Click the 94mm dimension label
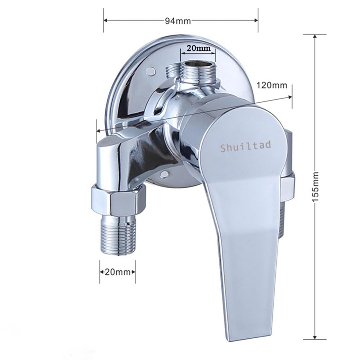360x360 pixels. [x=178, y=21]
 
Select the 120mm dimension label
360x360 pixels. [x=271, y=85]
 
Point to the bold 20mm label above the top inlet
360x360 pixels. [x=198, y=48]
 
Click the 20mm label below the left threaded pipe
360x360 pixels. [x=117, y=272]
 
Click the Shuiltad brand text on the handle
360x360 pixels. [x=246, y=147]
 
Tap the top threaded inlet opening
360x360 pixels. [x=198, y=63]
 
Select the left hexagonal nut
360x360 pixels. [x=118, y=200]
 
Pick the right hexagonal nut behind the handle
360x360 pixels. [x=288, y=186]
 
